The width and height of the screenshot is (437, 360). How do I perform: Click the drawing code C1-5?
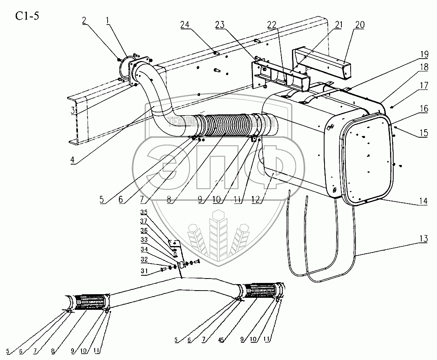pos(27,16)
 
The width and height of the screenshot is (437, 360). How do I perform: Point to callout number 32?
pos(144,260)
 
